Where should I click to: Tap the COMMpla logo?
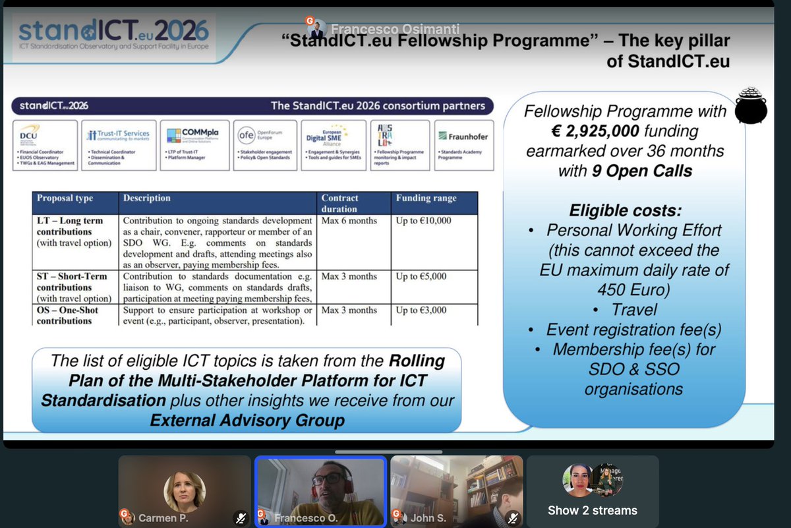[192, 134]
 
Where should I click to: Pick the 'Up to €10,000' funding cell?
[423, 221]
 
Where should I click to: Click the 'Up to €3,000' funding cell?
[421, 310]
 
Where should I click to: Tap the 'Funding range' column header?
[426, 198]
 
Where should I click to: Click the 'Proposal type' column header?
[65, 198]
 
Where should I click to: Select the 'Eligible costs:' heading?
[625, 210]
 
